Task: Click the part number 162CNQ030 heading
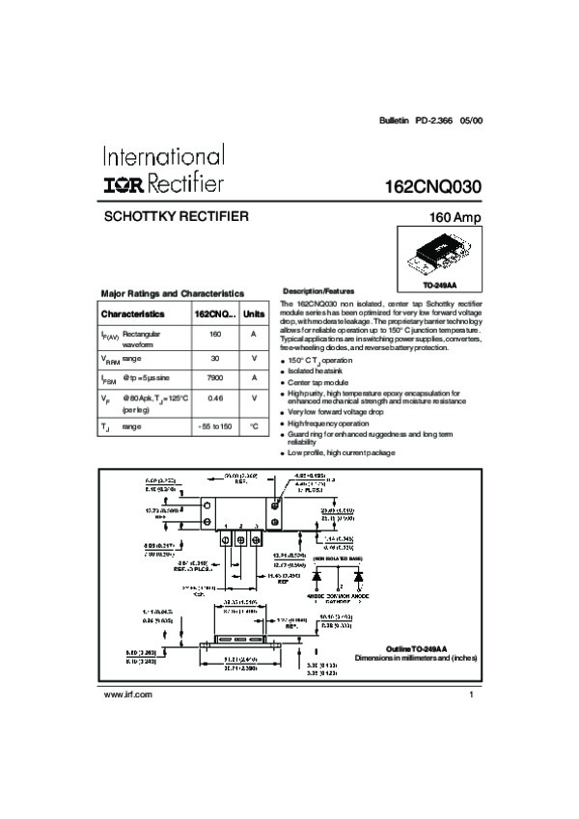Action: (x=431, y=186)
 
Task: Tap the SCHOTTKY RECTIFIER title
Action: (x=176, y=216)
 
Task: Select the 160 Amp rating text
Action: (x=455, y=218)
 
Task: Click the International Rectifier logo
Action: (x=162, y=170)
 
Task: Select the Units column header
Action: (x=254, y=314)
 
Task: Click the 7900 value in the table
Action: (x=215, y=377)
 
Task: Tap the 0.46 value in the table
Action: (x=215, y=397)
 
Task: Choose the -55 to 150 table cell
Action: (x=215, y=425)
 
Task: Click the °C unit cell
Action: (x=254, y=425)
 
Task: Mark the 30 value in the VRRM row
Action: (x=215, y=357)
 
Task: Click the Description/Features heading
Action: (x=318, y=290)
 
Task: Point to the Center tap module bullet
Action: (x=322, y=382)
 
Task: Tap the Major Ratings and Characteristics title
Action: (x=173, y=293)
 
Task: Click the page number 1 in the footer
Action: (x=472, y=696)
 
